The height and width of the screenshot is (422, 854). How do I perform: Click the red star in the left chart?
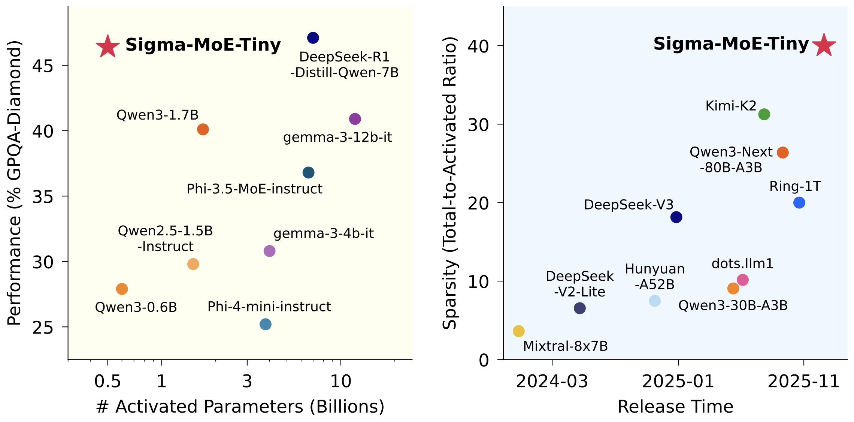[x=108, y=46]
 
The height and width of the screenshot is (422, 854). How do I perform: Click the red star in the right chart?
[x=824, y=45]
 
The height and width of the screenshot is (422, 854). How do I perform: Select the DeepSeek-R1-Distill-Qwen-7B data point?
[x=313, y=37]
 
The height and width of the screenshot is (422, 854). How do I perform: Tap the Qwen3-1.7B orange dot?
[x=203, y=129]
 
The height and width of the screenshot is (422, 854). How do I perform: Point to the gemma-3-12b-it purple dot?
[x=355, y=119]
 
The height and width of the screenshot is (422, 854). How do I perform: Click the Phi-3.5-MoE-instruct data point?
[x=308, y=172]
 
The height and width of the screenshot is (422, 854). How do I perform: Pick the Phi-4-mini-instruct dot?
[x=265, y=324]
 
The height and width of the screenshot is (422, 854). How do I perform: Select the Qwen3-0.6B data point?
[x=122, y=289]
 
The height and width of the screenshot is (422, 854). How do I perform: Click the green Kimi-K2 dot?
[x=764, y=114]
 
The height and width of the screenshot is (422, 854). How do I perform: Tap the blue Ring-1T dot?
[x=799, y=203]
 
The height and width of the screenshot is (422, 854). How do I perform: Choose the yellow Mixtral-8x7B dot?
[x=518, y=331]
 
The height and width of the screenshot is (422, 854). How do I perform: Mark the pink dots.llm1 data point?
[x=742, y=280]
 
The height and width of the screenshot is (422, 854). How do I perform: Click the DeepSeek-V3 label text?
[x=629, y=205]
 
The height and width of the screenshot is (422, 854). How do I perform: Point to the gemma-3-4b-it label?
[x=324, y=233]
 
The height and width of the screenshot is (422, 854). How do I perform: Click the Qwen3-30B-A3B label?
[x=733, y=305]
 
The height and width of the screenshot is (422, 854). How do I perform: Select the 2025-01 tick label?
[x=678, y=382]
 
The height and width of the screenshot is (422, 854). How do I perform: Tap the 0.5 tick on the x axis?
[x=107, y=382]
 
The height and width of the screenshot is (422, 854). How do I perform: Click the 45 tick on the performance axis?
[x=42, y=66]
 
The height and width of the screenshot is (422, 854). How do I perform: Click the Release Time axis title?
[x=675, y=407]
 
